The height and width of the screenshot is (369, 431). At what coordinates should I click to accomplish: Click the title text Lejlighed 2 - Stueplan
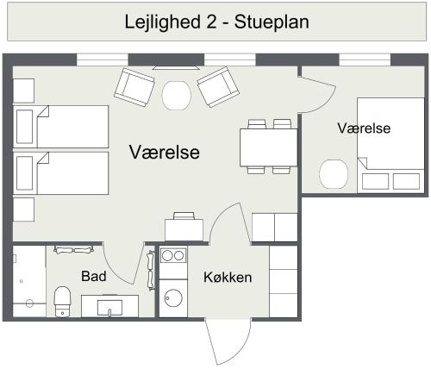point(215,21)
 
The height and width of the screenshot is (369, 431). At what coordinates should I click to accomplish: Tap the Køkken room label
point(228,278)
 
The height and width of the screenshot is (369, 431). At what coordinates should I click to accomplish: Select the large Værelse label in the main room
point(165,153)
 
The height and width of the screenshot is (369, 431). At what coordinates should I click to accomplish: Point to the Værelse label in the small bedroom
point(364,128)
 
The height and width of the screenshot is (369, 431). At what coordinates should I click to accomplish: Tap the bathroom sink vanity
point(109,306)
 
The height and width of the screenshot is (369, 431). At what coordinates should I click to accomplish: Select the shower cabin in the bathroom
point(28,282)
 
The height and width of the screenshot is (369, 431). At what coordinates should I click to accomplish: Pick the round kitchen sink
point(174,298)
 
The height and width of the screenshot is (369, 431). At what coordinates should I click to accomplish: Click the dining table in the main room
point(269,147)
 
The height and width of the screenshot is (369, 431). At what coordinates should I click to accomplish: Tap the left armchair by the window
point(135,87)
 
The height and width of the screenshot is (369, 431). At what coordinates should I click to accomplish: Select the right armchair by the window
point(217,86)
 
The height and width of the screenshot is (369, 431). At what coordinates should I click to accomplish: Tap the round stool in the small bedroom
point(333,174)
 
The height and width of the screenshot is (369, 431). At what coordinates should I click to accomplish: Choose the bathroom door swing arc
point(121,263)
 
